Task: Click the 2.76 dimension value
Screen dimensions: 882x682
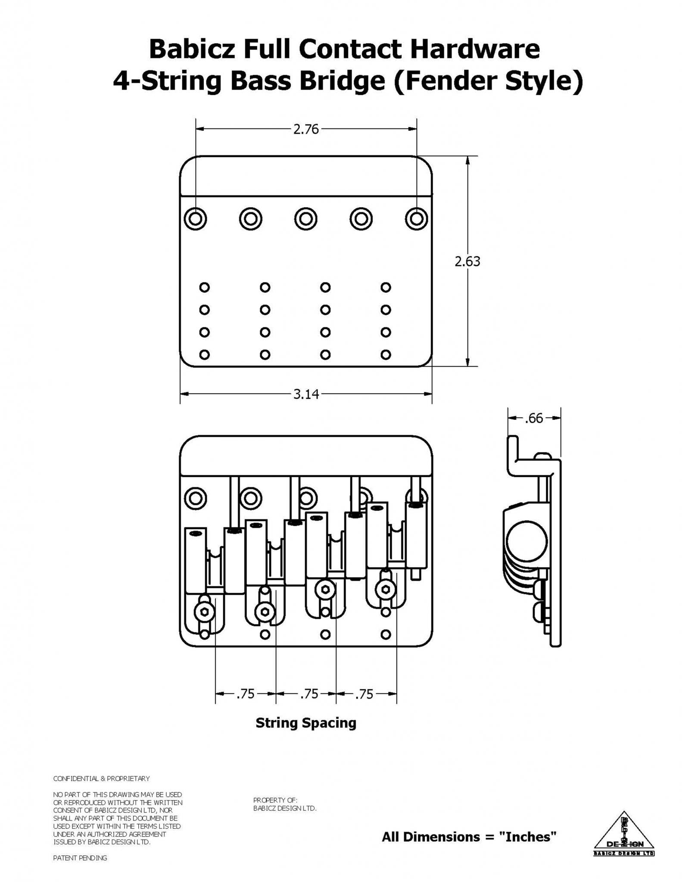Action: point(306,129)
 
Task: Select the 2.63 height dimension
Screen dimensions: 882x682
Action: point(467,261)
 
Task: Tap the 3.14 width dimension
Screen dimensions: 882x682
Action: point(306,394)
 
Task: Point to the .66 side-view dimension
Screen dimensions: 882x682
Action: point(534,418)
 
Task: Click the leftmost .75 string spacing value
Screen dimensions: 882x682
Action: point(246,694)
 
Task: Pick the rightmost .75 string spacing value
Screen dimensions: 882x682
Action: point(364,694)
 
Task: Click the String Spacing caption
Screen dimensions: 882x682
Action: point(306,723)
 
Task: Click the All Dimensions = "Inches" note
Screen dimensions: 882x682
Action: point(469,837)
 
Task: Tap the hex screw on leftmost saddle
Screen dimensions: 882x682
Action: point(203,611)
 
